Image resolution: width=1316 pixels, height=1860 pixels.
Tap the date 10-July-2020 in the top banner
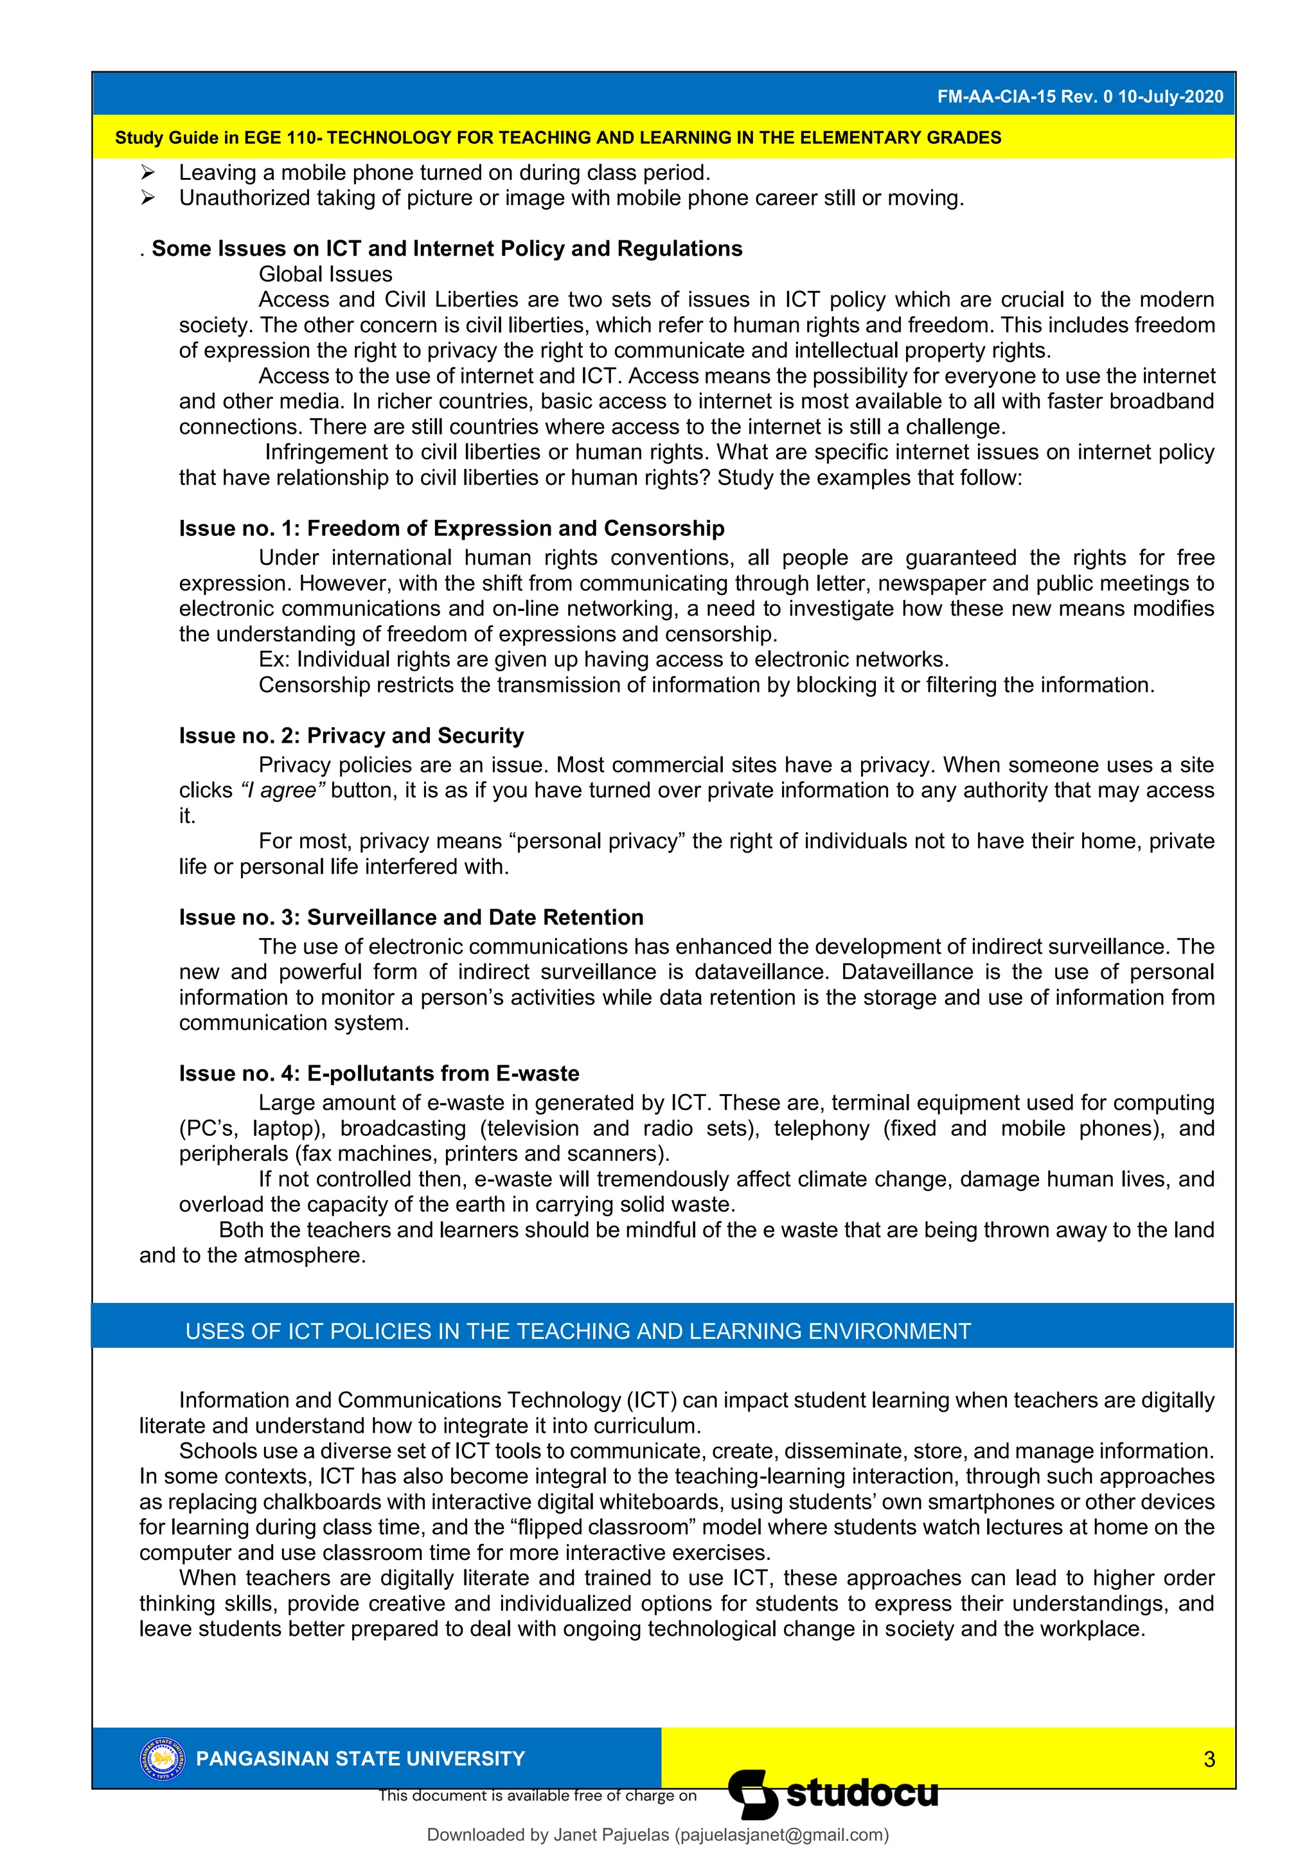coord(1170,96)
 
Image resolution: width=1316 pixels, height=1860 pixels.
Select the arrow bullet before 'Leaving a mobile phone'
coord(148,173)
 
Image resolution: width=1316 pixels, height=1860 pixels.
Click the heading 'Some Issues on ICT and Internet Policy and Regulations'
coord(447,249)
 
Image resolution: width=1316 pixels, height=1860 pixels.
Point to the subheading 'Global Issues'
coord(325,274)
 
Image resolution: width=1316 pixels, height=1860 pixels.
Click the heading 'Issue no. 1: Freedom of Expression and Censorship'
coord(451,528)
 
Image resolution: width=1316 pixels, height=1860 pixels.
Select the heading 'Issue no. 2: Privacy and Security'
coord(351,736)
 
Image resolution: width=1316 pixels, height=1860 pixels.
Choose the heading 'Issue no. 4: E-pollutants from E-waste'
coord(378,1074)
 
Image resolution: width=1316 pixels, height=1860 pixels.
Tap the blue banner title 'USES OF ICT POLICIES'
coord(577,1332)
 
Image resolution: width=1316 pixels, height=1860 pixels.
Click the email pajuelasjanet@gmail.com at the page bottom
coord(781,1835)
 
